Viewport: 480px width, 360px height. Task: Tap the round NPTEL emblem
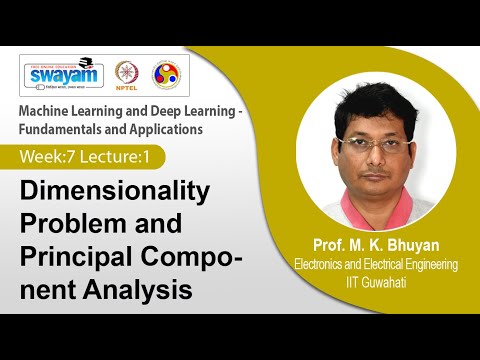click(x=128, y=75)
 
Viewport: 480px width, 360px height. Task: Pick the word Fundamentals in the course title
click(x=71, y=129)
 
